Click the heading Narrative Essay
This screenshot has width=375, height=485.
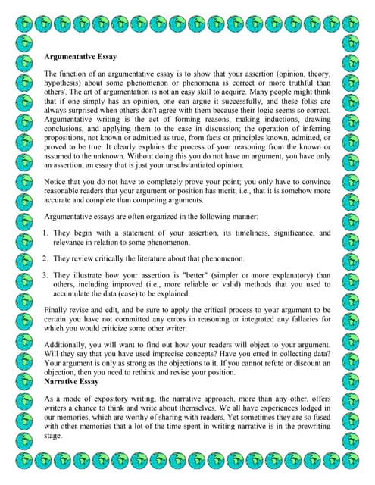coord(72,381)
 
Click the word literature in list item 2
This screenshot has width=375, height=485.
coord(173,259)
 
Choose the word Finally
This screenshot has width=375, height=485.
coord(60,311)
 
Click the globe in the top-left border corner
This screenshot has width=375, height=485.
coord(23,25)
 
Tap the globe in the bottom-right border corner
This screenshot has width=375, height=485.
coord(351,461)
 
